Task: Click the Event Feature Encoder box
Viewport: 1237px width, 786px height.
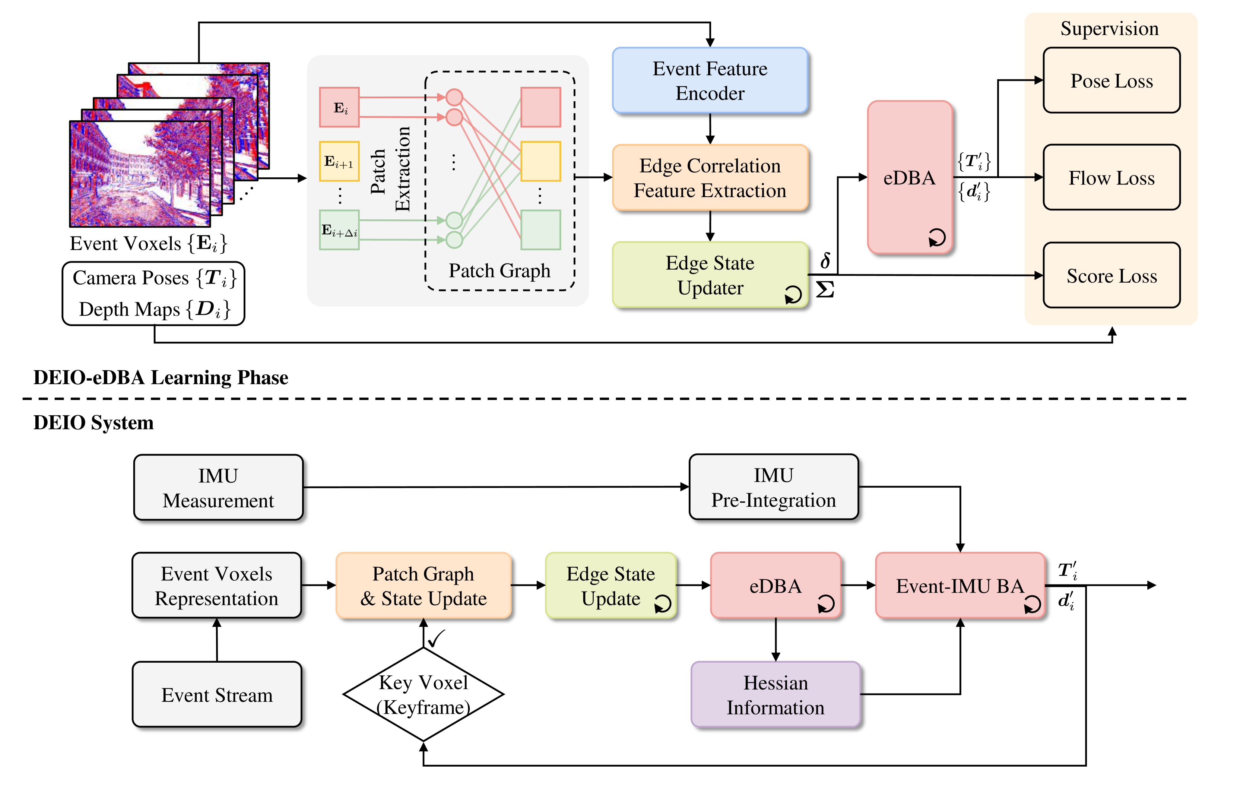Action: pyautogui.click(x=710, y=81)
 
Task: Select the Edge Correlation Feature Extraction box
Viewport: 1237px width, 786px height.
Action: pyautogui.click(x=710, y=178)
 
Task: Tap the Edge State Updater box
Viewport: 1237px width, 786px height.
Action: pyautogui.click(x=710, y=275)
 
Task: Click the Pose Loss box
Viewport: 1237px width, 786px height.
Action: pyautogui.click(x=1111, y=81)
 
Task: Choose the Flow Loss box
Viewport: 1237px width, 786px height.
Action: pyautogui.click(x=1111, y=178)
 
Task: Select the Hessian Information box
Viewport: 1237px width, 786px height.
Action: pyautogui.click(x=775, y=695)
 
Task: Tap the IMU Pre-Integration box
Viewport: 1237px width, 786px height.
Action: pyautogui.click(x=773, y=487)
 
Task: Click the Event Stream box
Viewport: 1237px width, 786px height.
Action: pyautogui.click(x=217, y=695)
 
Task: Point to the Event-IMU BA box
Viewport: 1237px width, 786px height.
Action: pyautogui.click(x=960, y=586)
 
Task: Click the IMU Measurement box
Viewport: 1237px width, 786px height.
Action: pyautogui.click(x=218, y=488)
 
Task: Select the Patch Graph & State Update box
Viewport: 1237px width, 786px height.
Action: pyautogui.click(x=423, y=586)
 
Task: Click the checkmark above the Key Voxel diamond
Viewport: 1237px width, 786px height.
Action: pyautogui.click(x=436, y=638)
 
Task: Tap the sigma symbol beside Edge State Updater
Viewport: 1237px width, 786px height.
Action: pyautogui.click(x=825, y=289)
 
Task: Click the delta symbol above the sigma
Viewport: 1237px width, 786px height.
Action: pyautogui.click(x=825, y=260)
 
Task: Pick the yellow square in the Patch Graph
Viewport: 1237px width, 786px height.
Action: pyautogui.click(x=540, y=161)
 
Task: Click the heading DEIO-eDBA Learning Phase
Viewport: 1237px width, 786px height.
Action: pyautogui.click(x=161, y=378)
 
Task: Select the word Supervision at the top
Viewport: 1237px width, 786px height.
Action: pyautogui.click(x=1109, y=28)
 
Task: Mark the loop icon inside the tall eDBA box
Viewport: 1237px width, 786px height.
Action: pyautogui.click(x=936, y=237)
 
